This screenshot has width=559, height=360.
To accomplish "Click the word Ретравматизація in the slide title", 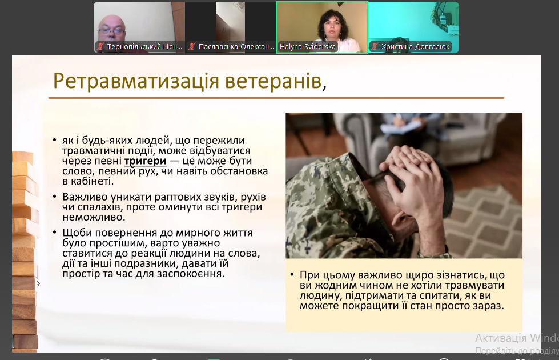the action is click(x=135, y=81).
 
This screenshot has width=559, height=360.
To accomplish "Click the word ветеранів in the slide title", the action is click(x=274, y=81).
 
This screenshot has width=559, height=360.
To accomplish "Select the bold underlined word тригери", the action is click(x=145, y=161).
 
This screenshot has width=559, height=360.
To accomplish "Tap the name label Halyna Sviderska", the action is click(x=307, y=47).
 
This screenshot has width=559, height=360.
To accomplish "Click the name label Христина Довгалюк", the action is click(x=415, y=47).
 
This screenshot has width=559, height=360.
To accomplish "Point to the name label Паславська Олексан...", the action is click(x=236, y=47).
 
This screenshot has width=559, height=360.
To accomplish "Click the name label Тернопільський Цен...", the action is click(x=144, y=47).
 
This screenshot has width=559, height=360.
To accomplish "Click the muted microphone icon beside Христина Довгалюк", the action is click(x=375, y=46).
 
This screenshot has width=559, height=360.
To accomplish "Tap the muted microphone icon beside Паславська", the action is click(x=192, y=46).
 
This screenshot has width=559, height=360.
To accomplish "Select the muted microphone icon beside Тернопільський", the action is click(x=100, y=46).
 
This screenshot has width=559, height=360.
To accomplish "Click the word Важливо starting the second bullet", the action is click(x=85, y=197).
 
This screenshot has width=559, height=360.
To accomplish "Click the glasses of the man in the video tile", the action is click(x=111, y=31).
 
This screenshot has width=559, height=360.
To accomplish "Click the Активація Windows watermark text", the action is click(x=517, y=338).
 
